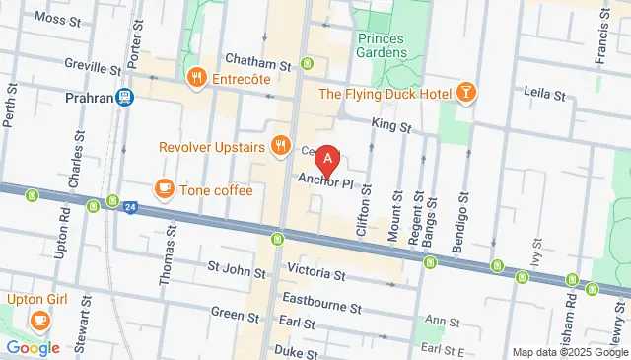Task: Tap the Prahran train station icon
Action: pos(125,97)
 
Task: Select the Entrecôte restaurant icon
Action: pos(196,77)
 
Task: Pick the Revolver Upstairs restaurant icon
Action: pos(281,147)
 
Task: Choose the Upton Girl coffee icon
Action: pos(39,320)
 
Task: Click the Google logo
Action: pos(33,347)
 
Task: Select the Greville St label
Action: pos(88,70)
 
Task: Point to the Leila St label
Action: pos(544,96)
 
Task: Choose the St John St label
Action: pos(234,266)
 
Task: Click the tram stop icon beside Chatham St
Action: pos(307,64)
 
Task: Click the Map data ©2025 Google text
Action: pos(569,352)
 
